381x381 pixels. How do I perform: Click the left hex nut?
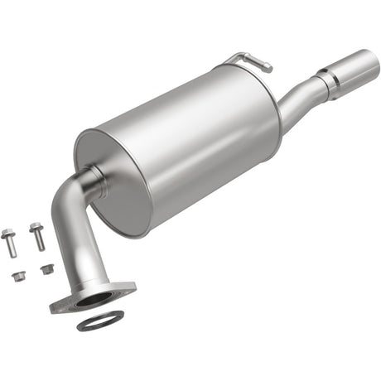tap(18, 276)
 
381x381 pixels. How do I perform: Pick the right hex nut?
tap(46, 268)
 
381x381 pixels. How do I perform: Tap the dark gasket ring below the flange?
tap(100, 321)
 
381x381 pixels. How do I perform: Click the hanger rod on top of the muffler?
tap(248, 60)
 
